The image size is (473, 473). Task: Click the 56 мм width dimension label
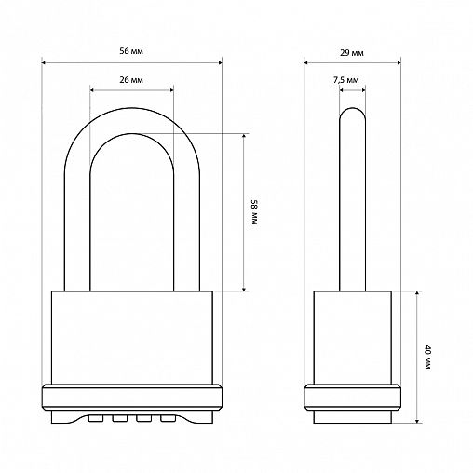pyautogui.click(x=131, y=51)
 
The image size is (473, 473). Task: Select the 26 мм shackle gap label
pyautogui.click(x=131, y=80)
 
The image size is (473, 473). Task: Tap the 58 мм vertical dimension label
pyautogui.click(x=254, y=212)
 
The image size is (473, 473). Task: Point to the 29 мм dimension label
pyautogui.click(x=352, y=53)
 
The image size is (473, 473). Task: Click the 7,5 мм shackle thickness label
pyautogui.click(x=346, y=80)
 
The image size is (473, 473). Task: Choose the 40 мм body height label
pyautogui.click(x=427, y=357)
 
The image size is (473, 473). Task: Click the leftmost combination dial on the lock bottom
pyautogui.click(x=96, y=419)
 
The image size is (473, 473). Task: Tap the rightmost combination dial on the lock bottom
pyautogui.click(x=168, y=419)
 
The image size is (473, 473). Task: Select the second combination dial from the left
pyautogui.click(x=120, y=419)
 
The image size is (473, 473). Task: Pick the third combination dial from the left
pyautogui.click(x=143, y=419)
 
